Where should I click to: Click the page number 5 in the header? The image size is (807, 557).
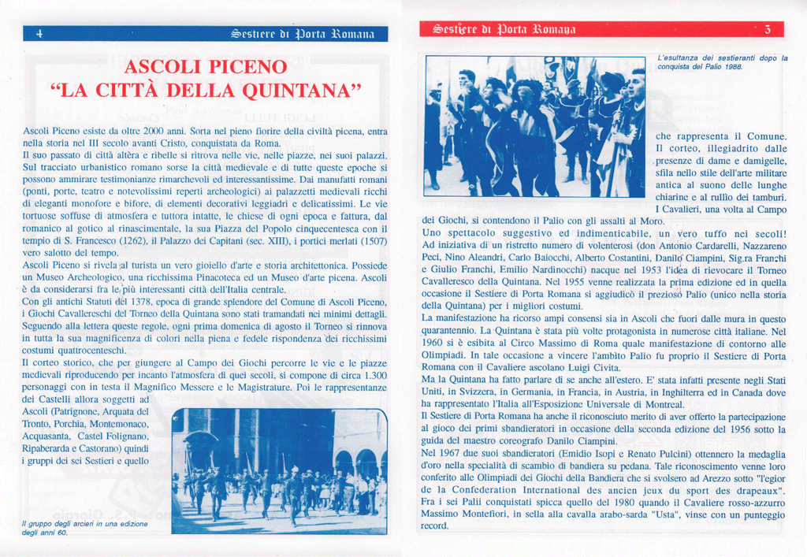768,30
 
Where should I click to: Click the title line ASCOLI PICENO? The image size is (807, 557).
206,66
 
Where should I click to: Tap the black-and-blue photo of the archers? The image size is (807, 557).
279,470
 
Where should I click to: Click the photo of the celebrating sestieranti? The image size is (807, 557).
535,126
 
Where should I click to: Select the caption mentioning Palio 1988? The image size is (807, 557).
721,62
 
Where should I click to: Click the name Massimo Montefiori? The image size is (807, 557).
466,514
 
